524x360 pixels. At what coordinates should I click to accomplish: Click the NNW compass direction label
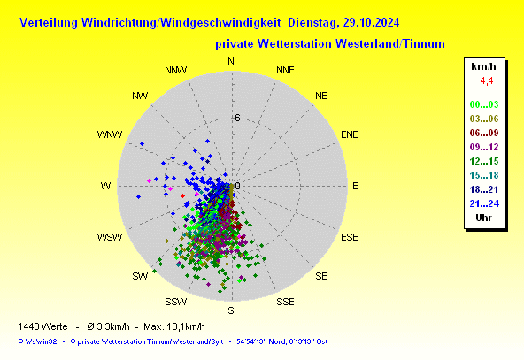pyautogui.click(x=176, y=70)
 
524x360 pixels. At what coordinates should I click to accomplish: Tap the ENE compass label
pyautogui.click(x=350, y=134)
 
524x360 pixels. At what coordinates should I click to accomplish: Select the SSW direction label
pyautogui.click(x=176, y=302)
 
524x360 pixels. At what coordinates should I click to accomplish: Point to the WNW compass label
pyautogui.click(x=110, y=134)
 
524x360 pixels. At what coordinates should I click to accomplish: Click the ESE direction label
pyautogui.click(x=350, y=237)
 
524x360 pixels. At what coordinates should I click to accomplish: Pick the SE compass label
pyautogui.click(x=320, y=276)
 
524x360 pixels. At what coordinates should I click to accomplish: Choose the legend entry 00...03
pyautogui.click(x=484, y=104)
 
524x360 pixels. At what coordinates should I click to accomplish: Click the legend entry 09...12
pyautogui.click(x=484, y=147)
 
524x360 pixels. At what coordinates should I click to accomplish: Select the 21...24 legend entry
pyautogui.click(x=484, y=203)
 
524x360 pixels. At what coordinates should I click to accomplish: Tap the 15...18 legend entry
pyautogui.click(x=484, y=175)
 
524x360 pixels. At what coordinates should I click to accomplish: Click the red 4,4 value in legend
pyautogui.click(x=487, y=81)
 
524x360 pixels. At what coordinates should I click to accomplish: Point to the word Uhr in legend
pyautogui.click(x=483, y=218)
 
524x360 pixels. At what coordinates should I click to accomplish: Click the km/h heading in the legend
pyautogui.click(x=483, y=66)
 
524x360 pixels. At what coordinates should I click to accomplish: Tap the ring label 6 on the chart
pyautogui.click(x=237, y=118)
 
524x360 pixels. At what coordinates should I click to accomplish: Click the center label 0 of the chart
pyautogui.click(x=237, y=186)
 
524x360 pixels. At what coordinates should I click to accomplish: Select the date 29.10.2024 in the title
pyautogui.click(x=371, y=23)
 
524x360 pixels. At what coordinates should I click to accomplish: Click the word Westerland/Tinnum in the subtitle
pyautogui.click(x=390, y=43)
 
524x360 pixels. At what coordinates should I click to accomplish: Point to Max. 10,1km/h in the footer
pyautogui.click(x=174, y=326)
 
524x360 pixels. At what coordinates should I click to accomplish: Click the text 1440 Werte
pyautogui.click(x=42, y=326)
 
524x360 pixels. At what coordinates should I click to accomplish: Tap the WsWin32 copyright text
pyautogui.click(x=37, y=341)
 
